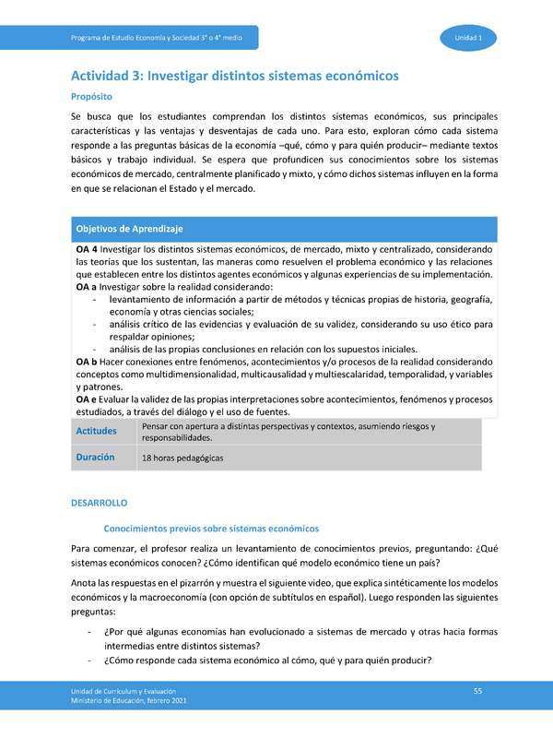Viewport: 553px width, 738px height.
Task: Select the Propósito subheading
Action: point(92,96)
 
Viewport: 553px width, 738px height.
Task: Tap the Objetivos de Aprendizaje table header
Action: point(130,228)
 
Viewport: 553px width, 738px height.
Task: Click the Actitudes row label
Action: point(96,432)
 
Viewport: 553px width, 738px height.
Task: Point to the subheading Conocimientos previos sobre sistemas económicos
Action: point(211,528)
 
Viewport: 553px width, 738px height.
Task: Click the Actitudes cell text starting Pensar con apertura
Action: point(288,432)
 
